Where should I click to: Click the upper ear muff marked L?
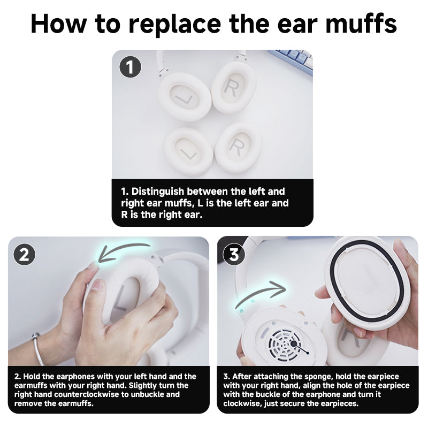[x=183, y=97]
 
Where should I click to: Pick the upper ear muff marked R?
[x=233, y=88]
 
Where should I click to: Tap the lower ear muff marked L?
[x=188, y=151]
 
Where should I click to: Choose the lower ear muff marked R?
[x=238, y=145]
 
